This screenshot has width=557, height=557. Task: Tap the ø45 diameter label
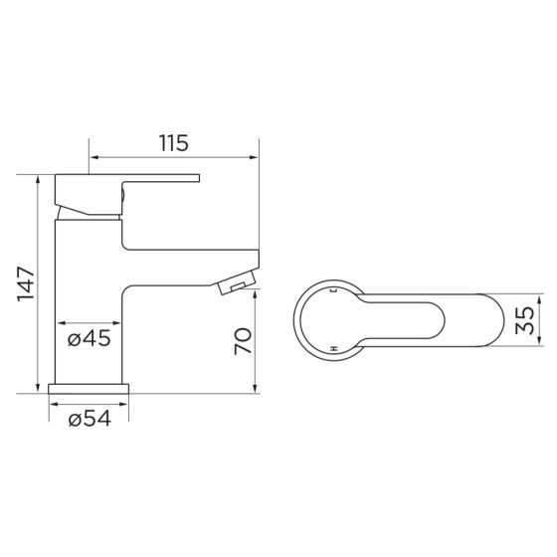pyautogui.click(x=89, y=339)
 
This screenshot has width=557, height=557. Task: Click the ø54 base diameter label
pyautogui.click(x=89, y=419)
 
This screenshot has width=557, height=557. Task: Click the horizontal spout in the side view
pyautogui.click(x=189, y=261)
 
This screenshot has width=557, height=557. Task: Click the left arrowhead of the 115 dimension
pyautogui.click(x=93, y=156)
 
